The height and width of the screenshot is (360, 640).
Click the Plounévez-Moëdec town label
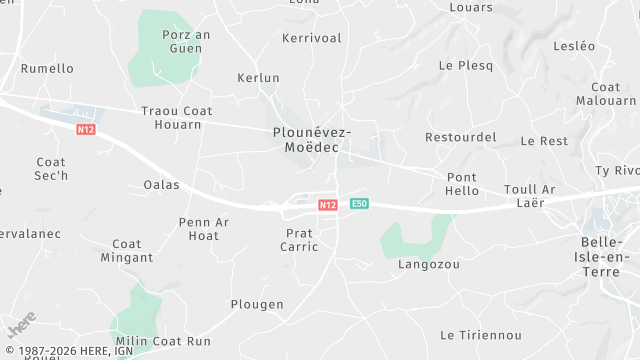pos(311,139)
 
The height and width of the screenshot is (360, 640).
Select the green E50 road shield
pos(360,204)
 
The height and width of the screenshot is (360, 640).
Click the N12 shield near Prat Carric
pos(327,204)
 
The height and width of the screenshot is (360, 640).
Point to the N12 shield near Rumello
pos(86,130)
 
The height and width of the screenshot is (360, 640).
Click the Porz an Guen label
pos(186,41)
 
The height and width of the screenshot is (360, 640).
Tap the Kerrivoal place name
pos(311,38)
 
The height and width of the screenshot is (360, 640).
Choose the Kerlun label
pos(258,78)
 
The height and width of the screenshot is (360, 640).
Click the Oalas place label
pos(161,184)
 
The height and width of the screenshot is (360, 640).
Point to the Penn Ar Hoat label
pos(204,228)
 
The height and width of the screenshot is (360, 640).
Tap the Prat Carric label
pos(299,239)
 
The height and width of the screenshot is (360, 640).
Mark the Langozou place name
pos(428,265)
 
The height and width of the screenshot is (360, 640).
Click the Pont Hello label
pos(462,184)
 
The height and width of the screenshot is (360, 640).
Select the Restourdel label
pos(460,137)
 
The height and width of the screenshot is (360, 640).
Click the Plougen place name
pos(257,304)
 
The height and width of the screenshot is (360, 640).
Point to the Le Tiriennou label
pos(482,334)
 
